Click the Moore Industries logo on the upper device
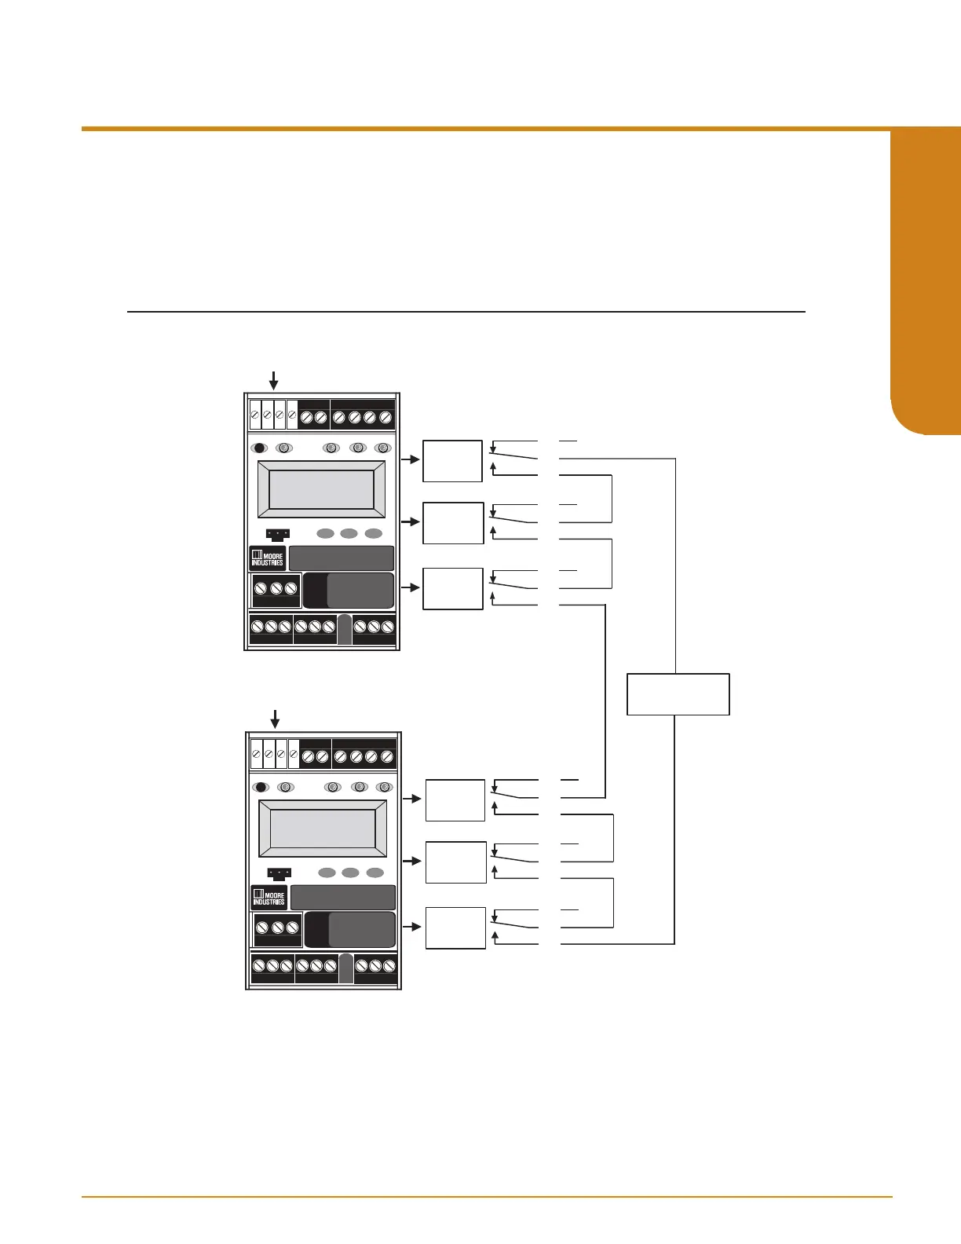267,558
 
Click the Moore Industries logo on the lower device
269,898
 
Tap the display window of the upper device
321,489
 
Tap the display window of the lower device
323,829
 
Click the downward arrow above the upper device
273,381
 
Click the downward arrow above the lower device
275,719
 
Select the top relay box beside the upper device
452,461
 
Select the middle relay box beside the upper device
453,523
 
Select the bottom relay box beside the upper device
453,588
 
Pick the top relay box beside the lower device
455,800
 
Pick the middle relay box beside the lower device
456,862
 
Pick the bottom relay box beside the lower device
456,928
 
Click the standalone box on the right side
678,694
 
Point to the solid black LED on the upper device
259,448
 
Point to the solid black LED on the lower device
261,787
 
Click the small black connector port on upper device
277,535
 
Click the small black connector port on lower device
279,874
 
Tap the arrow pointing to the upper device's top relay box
411,459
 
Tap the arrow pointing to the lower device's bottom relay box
414,927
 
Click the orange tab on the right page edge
926,283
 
